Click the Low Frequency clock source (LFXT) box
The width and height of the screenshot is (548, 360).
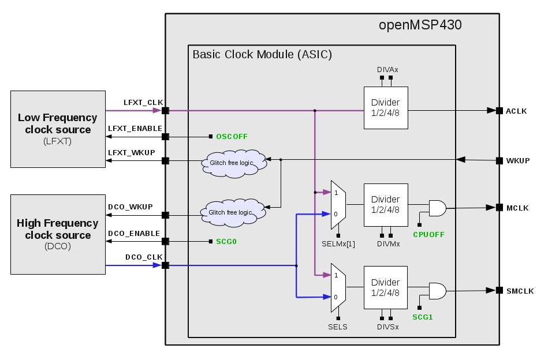click(x=58, y=129)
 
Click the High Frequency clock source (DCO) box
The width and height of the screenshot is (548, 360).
click(x=58, y=234)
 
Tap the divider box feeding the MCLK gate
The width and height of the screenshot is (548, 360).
click(x=385, y=205)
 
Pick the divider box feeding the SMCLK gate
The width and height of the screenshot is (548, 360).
click(x=385, y=287)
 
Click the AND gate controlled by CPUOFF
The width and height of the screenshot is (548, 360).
click(x=437, y=208)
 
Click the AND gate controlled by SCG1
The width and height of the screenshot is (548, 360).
click(x=437, y=291)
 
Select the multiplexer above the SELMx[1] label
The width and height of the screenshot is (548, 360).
click(x=338, y=205)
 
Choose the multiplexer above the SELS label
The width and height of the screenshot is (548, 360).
click(x=338, y=287)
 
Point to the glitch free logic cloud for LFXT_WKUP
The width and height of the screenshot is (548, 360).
click(x=234, y=163)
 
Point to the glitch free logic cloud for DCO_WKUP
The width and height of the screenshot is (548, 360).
click(x=234, y=212)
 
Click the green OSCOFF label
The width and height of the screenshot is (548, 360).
click(x=232, y=137)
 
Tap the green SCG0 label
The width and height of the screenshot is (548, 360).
click(x=226, y=241)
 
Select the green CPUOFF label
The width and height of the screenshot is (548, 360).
click(x=428, y=234)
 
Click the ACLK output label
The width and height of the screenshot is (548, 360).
click(x=516, y=111)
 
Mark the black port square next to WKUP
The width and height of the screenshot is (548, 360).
click(x=499, y=160)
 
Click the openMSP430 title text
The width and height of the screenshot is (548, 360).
click(x=420, y=25)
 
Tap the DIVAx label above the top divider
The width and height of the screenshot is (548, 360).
click(x=387, y=70)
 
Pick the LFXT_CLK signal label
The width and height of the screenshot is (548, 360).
click(x=143, y=103)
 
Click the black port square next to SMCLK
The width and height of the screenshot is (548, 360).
click(x=499, y=290)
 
